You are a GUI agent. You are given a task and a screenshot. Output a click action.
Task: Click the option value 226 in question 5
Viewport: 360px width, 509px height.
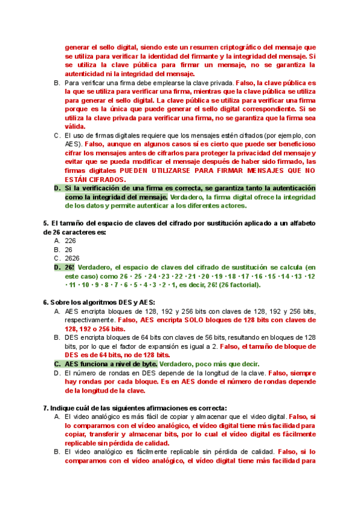[70, 240]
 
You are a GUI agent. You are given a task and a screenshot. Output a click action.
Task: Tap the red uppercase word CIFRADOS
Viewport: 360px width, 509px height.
[107, 179]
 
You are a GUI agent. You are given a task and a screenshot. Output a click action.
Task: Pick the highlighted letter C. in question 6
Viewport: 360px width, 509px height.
[58, 364]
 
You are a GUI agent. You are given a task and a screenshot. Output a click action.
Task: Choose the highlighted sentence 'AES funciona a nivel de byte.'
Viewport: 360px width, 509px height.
[111, 364]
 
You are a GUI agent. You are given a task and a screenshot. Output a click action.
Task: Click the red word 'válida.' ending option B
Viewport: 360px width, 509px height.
[75, 127]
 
